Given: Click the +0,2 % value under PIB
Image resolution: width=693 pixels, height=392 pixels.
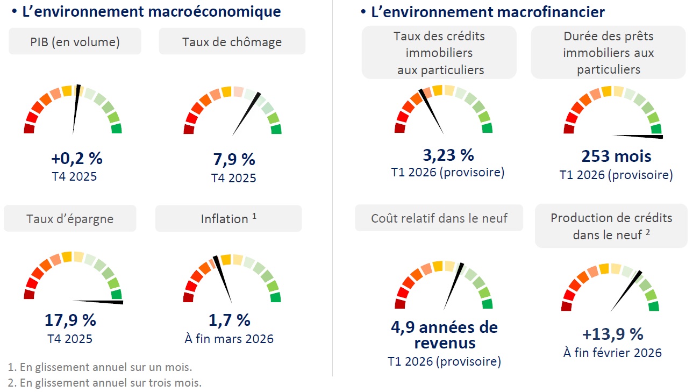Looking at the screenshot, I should (x=76, y=159).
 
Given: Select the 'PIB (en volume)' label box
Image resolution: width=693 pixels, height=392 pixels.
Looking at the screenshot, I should (x=75, y=41).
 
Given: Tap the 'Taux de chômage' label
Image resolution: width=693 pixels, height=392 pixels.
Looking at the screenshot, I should (x=232, y=41).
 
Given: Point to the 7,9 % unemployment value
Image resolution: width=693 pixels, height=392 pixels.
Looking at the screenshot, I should (x=234, y=160).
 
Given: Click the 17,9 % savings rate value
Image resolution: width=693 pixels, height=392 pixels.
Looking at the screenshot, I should (x=70, y=320).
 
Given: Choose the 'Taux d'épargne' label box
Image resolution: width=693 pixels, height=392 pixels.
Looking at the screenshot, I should (x=70, y=219).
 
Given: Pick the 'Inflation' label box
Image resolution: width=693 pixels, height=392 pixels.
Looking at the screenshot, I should (x=228, y=219).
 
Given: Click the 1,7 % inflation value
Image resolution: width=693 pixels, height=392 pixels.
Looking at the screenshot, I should (x=230, y=320).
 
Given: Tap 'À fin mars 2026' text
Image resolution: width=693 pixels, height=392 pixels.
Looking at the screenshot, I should (x=230, y=339).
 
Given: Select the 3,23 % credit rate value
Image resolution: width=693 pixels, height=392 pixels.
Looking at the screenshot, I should (x=448, y=155).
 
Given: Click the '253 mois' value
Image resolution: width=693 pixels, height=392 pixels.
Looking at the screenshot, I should (x=616, y=156).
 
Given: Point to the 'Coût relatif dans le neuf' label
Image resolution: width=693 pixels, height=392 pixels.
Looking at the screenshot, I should (x=439, y=218).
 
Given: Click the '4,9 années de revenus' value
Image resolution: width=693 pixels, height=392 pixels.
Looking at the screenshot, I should (x=444, y=334).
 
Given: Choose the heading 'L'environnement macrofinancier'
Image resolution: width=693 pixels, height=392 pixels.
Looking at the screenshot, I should (x=488, y=12).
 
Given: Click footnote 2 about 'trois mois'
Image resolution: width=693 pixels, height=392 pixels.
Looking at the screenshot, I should (x=105, y=383).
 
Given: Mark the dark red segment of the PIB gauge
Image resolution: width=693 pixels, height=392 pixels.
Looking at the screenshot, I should (x=29, y=129).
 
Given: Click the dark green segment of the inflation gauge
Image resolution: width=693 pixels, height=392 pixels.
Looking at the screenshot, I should (x=276, y=297).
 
